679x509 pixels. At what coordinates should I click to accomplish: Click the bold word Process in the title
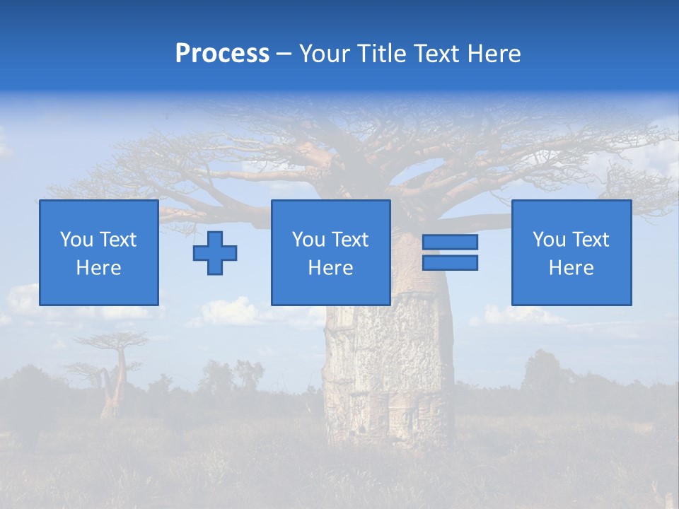coord(222,54)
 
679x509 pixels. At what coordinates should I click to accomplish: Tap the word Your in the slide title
coord(323,54)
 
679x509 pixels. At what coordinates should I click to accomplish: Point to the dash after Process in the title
coord(284,54)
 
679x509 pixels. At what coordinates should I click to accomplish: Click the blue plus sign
coord(215,253)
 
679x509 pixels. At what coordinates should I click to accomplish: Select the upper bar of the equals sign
coord(450,242)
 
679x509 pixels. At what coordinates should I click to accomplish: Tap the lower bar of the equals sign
coord(450,263)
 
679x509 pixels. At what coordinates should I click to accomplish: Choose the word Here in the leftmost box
coord(98,268)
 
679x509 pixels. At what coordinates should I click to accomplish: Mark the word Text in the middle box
coord(350,240)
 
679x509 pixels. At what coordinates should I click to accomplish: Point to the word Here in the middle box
coord(330,268)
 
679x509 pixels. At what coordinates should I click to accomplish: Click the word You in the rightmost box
coord(549,240)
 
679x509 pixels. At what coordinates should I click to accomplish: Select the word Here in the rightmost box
coord(571,268)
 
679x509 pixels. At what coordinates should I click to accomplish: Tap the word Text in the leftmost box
coord(118,240)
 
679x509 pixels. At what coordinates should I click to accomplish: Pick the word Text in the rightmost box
coord(591,240)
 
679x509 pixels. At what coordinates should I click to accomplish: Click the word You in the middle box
coord(308,240)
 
